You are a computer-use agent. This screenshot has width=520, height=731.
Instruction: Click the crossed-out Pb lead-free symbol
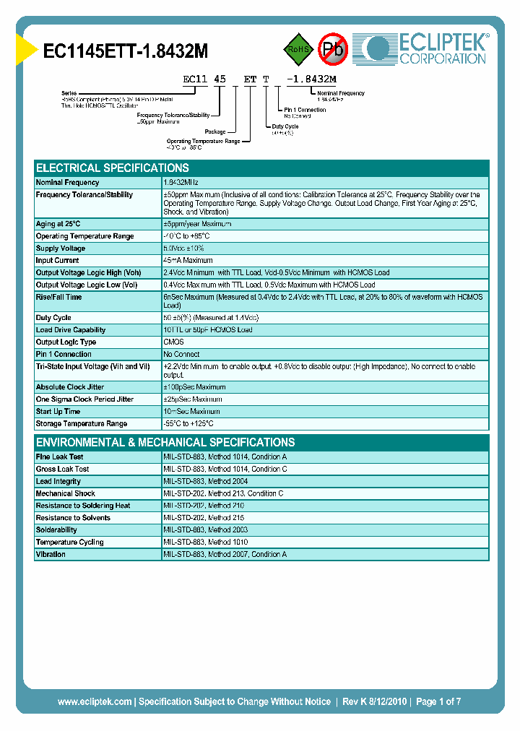coord(334,49)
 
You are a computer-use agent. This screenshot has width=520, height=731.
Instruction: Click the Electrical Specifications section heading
coord(113,168)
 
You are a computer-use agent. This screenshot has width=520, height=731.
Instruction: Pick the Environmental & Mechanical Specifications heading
coord(165,442)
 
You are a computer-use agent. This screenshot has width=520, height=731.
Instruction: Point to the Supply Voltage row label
coord(61,248)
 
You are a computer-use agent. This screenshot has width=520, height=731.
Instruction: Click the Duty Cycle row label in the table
coord(53,318)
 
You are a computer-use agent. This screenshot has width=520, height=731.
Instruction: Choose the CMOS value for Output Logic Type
coord(174,342)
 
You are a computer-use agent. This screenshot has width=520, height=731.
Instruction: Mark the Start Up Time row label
coord(58,412)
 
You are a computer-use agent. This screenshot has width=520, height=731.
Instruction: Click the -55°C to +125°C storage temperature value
coord(188,424)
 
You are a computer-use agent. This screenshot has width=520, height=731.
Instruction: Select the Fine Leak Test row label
coord(60,457)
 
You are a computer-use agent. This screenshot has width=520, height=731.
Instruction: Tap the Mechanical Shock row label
coord(66,493)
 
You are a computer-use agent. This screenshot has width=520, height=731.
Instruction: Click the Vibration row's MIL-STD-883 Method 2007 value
coord(225,555)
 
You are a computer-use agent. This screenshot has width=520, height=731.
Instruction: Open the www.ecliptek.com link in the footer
coord(94,701)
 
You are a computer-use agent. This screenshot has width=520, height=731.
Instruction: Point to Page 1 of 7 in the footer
coord(438,701)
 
